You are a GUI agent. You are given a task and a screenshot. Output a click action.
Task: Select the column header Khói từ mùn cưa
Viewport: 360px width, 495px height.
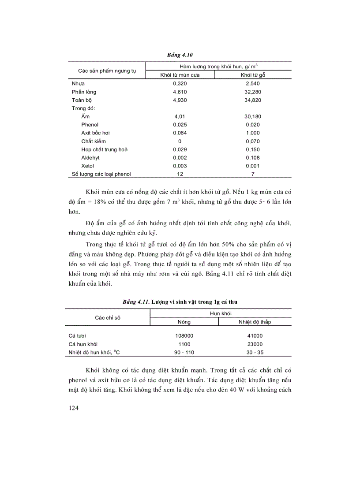click(180, 75)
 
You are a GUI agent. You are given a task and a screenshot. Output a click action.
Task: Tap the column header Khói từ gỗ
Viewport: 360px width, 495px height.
click(252, 75)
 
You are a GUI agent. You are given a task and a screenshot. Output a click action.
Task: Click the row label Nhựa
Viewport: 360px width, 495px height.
click(78, 83)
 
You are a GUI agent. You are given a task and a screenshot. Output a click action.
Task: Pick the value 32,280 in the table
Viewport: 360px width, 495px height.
click(252, 92)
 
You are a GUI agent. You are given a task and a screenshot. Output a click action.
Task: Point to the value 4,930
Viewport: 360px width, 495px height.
click(180, 100)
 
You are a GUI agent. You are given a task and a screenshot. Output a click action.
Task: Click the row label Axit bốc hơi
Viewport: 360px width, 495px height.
click(95, 133)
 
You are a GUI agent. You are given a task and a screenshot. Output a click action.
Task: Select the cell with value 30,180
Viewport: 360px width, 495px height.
click(252, 116)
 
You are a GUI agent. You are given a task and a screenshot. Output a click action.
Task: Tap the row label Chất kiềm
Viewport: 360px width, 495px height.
click(94, 141)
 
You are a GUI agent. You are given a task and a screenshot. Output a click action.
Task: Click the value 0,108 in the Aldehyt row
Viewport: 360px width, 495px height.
click(252, 157)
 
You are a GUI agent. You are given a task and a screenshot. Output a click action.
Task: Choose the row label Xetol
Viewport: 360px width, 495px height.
click(88, 166)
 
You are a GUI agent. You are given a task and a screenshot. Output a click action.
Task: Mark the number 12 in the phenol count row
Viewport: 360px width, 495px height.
click(180, 174)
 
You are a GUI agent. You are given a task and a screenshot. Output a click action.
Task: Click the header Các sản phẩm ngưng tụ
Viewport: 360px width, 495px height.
click(107, 71)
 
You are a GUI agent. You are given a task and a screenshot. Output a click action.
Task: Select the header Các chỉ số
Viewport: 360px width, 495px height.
click(108, 317)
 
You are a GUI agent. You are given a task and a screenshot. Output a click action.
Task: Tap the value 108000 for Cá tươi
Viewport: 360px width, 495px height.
click(184, 335)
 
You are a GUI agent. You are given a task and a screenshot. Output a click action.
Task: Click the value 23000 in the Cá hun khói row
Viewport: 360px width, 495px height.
click(255, 344)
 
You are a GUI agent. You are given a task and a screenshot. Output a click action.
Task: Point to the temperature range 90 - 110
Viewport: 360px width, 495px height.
click(184, 352)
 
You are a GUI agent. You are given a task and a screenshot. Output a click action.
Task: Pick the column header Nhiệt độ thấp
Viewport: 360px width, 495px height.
click(255, 322)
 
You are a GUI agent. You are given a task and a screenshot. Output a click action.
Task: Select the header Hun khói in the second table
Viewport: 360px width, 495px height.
click(220, 313)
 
